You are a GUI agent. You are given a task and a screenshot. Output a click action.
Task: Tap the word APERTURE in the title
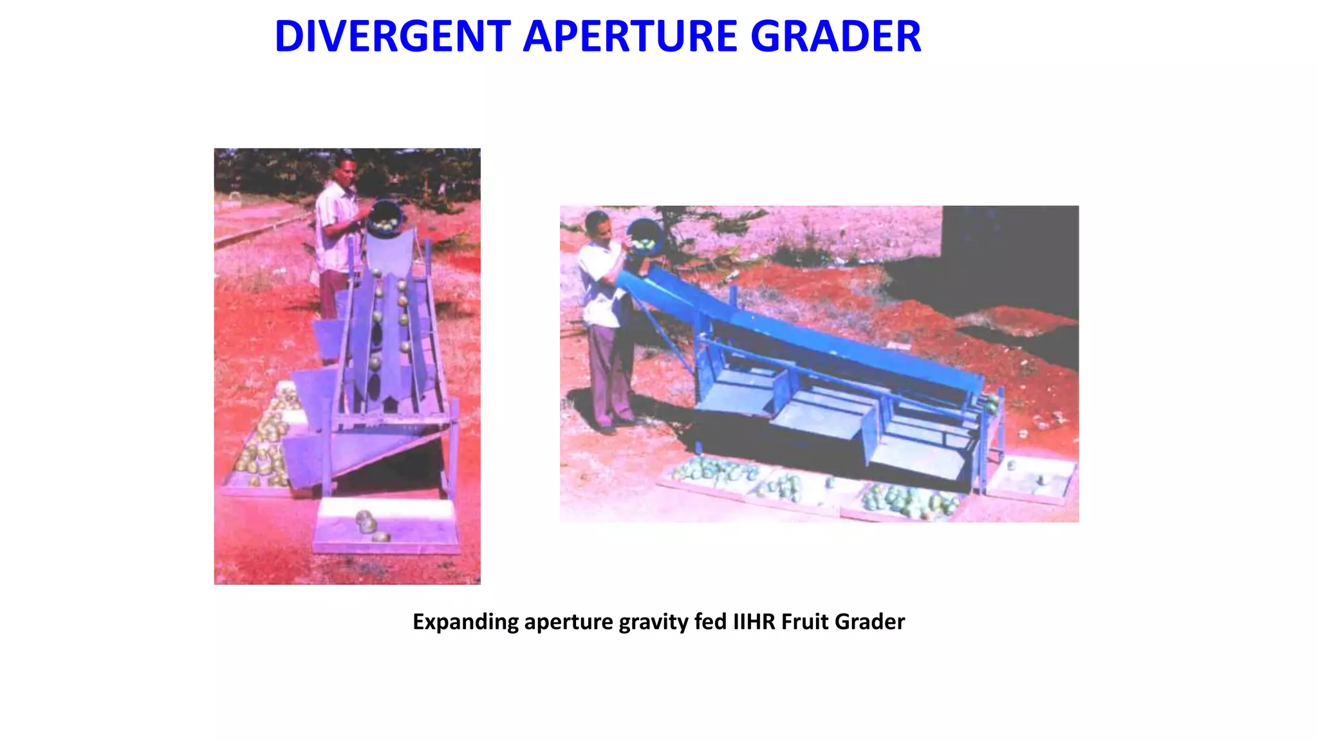(630, 37)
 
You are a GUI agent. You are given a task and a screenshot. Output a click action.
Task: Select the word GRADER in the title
(836, 37)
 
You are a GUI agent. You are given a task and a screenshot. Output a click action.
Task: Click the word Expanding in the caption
(465, 622)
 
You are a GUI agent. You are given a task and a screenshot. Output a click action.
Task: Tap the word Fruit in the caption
(804, 622)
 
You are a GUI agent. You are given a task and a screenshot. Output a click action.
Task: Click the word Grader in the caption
(869, 622)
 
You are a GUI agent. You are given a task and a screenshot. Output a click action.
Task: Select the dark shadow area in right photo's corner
(1010, 257)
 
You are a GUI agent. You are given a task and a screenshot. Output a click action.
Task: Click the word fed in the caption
(710, 622)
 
